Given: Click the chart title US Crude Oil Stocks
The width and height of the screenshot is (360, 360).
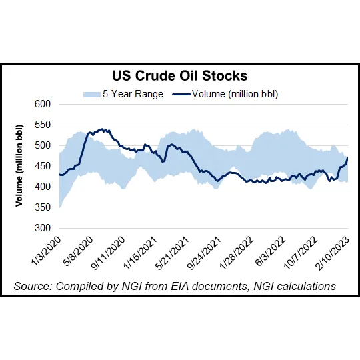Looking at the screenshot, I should click(179, 76).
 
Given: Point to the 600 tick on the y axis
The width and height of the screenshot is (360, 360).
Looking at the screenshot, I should click(43, 104).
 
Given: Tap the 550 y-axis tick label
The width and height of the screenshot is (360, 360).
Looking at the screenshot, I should click(43, 125).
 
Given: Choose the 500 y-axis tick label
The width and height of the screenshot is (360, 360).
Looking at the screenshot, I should click(43, 145).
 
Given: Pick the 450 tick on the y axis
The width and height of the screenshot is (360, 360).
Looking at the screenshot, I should click(43, 166).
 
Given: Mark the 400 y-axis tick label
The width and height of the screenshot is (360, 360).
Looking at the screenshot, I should click(43, 187).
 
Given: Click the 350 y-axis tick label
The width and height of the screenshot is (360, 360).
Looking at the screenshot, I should click(43, 207).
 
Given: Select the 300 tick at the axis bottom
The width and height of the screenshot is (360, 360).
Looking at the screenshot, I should click(43, 228).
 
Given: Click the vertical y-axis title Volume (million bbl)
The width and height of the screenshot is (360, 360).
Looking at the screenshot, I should click(20, 165).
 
